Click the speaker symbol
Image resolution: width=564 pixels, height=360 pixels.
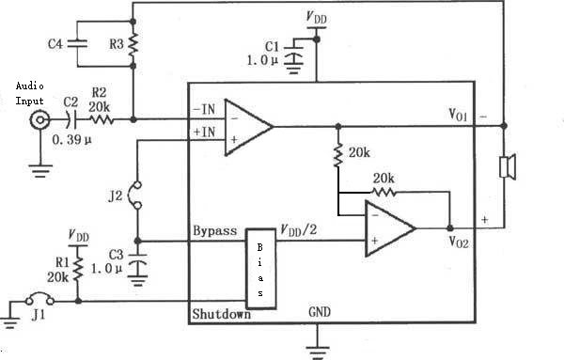(x=508, y=167)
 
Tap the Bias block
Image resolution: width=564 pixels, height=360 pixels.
(x=260, y=269)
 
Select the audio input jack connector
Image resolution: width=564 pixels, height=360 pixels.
(x=39, y=119)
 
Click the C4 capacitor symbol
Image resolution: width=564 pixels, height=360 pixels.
(x=77, y=44)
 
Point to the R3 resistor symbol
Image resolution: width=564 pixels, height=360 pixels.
(x=133, y=44)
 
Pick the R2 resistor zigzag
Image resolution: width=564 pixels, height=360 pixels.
(x=102, y=119)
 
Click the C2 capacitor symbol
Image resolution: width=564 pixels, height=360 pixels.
(x=71, y=119)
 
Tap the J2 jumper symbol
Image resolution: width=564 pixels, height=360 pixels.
(x=136, y=195)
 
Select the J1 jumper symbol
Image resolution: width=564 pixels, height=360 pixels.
(x=39, y=298)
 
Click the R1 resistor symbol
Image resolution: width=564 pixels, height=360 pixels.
(x=78, y=269)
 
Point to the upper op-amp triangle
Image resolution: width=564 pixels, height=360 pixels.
(x=248, y=127)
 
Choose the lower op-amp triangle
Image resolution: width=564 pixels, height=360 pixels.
(x=391, y=228)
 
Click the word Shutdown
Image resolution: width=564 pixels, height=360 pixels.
(x=221, y=314)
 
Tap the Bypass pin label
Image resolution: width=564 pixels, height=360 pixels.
(x=215, y=230)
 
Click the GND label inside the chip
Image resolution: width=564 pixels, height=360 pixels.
(x=320, y=312)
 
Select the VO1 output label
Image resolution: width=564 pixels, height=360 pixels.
(x=458, y=115)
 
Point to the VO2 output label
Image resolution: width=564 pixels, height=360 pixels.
(x=459, y=242)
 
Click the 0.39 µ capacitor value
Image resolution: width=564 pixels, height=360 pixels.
(x=72, y=139)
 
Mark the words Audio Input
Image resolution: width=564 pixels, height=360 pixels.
(x=29, y=93)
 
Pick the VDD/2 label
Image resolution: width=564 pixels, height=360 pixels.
(x=299, y=229)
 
